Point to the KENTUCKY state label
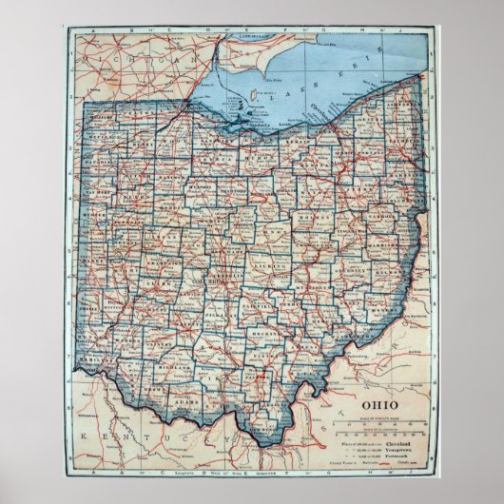[138, 436]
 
